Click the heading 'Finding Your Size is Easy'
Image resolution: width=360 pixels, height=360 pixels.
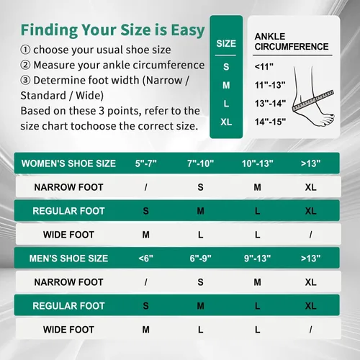(x=112, y=30)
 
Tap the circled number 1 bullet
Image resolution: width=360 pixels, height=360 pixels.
(x=25, y=50)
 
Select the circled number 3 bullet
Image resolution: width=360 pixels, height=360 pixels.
(x=25, y=81)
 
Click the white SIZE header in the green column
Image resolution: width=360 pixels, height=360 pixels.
(x=226, y=44)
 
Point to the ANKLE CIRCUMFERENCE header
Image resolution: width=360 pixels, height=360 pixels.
(x=292, y=42)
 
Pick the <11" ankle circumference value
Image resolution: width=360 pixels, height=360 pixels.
(x=264, y=67)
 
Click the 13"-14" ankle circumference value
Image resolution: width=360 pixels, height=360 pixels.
(x=270, y=104)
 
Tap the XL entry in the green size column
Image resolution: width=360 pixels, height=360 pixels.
(x=226, y=122)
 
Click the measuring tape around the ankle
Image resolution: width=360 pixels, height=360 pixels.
(x=313, y=101)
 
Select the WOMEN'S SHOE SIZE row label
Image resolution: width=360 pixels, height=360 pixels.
(x=68, y=163)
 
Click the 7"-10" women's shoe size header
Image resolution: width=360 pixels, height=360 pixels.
(x=200, y=163)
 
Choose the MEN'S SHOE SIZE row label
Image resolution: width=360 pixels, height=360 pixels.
(x=68, y=258)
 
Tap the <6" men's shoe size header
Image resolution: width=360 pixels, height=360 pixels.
(x=145, y=258)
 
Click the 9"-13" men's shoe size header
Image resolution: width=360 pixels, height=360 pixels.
(x=257, y=258)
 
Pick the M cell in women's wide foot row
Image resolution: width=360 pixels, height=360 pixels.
(x=145, y=235)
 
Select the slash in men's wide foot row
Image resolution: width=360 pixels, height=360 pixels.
(x=310, y=330)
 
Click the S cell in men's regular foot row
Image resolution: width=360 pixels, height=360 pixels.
(x=145, y=306)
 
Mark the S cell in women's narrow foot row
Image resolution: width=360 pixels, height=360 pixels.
(x=200, y=187)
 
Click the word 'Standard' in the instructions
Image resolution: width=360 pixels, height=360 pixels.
(x=43, y=96)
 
